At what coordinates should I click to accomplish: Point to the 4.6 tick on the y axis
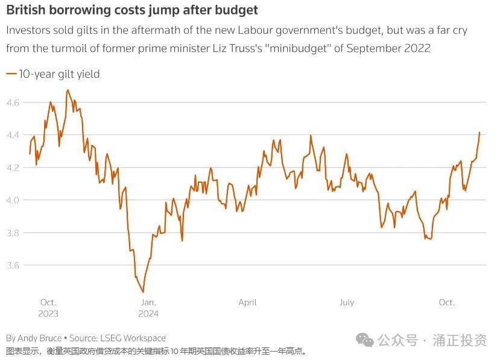pyautogui.click(x=13, y=103)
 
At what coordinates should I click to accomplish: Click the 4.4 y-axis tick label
pyautogui.click(x=13, y=135)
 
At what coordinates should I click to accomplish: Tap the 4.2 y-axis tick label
pyautogui.click(x=13, y=168)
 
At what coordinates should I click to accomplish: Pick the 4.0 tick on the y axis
pyautogui.click(x=13, y=200)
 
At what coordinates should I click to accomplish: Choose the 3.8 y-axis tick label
pyautogui.click(x=13, y=233)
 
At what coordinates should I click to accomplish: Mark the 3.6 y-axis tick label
pyautogui.click(x=13, y=265)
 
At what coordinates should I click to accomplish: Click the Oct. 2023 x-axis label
pyautogui.click(x=48, y=308)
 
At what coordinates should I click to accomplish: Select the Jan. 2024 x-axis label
pyautogui.click(x=148, y=308)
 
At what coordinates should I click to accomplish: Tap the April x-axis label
pyautogui.click(x=247, y=302)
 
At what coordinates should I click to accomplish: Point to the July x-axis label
pyautogui.click(x=347, y=302)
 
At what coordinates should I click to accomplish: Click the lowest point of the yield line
pyautogui.click(x=143, y=292)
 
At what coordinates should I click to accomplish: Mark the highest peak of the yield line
pyautogui.click(x=68, y=90)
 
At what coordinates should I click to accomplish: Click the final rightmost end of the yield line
pyautogui.click(x=480, y=131)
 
